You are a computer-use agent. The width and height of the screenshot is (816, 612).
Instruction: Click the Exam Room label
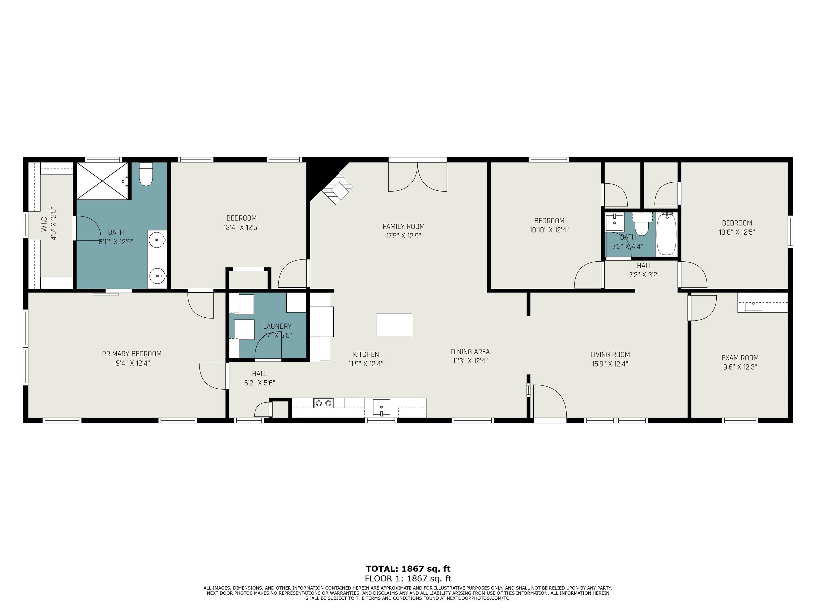(740, 358)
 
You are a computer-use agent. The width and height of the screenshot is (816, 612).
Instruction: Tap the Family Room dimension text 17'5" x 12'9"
(403, 236)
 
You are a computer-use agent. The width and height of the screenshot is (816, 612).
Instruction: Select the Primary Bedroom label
(132, 354)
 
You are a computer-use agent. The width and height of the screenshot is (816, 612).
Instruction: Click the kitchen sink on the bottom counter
(381, 407)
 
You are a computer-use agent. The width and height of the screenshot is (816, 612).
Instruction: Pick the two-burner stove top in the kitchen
(324, 403)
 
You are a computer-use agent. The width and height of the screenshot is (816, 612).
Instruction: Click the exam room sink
(753, 306)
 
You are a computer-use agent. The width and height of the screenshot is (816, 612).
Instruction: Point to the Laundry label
(277, 326)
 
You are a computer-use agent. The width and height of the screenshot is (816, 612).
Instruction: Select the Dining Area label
(470, 352)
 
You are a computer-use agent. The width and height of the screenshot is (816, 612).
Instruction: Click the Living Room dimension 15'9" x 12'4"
(610, 364)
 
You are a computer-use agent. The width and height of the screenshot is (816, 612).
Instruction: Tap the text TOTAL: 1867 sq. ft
(408, 568)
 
